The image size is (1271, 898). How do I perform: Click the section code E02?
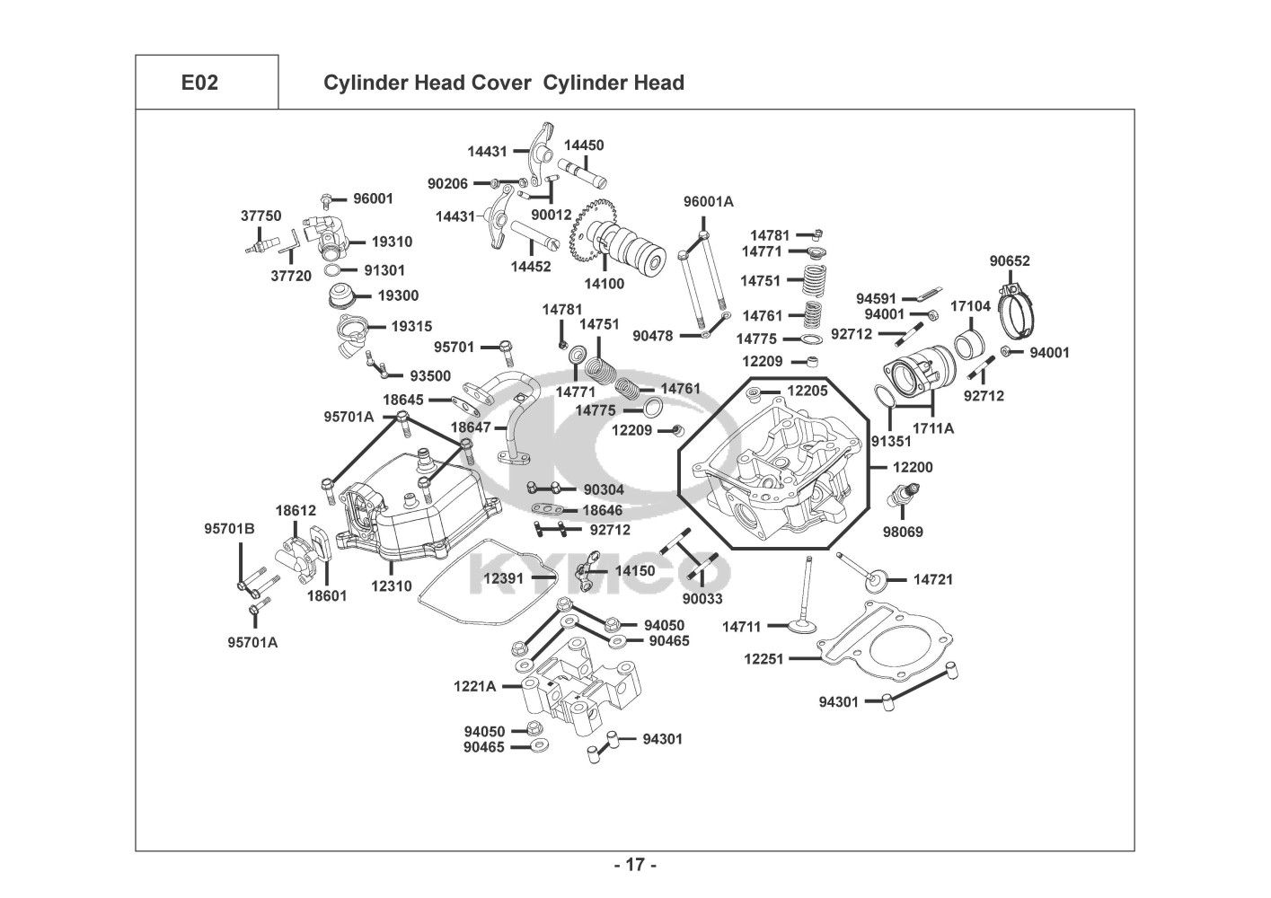(x=199, y=83)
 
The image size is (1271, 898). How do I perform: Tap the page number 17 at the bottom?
(x=636, y=865)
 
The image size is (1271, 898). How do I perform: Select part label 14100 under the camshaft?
(x=605, y=284)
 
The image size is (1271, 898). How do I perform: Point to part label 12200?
(x=913, y=467)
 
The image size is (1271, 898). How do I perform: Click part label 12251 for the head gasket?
(x=763, y=658)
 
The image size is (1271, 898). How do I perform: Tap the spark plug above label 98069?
(x=903, y=495)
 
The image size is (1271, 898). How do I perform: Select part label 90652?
(x=1010, y=261)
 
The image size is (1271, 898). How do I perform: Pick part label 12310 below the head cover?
(x=392, y=586)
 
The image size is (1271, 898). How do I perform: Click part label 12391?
(x=503, y=578)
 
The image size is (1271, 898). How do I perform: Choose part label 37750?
(x=261, y=216)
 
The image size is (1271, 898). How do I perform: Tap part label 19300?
(x=398, y=295)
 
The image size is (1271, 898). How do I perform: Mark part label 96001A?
(x=708, y=201)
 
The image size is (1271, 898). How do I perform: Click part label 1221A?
(x=474, y=686)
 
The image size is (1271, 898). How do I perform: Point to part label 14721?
(x=933, y=579)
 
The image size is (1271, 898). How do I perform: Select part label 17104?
(x=970, y=306)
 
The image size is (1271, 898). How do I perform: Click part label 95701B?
(x=229, y=529)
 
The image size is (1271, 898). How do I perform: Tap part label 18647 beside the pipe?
(x=471, y=427)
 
